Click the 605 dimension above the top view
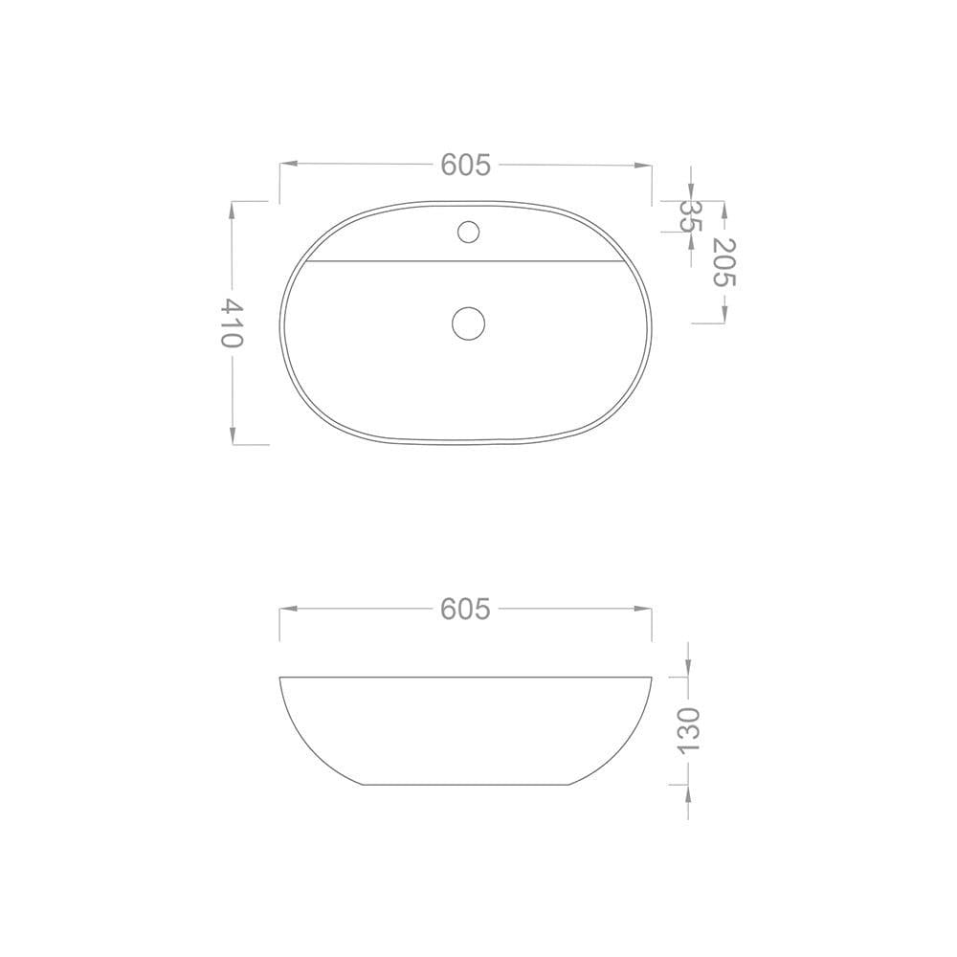click(465, 165)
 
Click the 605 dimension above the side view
click(465, 609)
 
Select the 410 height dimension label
click(232, 323)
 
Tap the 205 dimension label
click(724, 262)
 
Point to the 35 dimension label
click(691, 216)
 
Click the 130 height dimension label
click(688, 730)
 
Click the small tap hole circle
click(468, 232)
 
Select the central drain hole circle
click(468, 323)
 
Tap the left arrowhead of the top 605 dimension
click(288, 164)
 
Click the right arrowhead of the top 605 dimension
click(643, 165)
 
